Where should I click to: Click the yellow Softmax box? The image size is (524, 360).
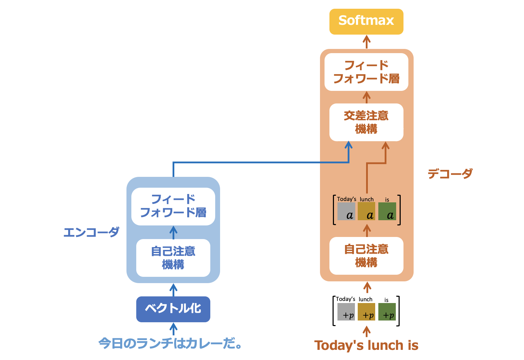(x=366, y=21)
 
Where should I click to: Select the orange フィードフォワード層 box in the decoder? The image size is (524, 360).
(x=366, y=72)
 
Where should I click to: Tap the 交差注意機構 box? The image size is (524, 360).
(x=366, y=122)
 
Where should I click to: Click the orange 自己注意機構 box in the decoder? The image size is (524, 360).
(x=366, y=255)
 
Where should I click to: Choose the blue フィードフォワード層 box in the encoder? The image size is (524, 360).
(x=173, y=206)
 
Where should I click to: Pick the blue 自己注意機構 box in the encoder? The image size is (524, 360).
(x=173, y=258)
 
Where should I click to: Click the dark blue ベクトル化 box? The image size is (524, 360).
(x=173, y=309)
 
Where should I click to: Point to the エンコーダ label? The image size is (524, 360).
(x=92, y=232)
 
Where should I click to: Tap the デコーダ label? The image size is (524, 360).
(x=450, y=173)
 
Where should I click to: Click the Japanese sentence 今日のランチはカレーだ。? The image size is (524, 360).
(x=170, y=343)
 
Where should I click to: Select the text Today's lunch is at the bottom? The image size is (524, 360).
(x=366, y=345)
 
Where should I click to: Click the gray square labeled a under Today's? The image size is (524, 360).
(x=346, y=211)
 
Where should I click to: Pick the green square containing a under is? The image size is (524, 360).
(x=387, y=211)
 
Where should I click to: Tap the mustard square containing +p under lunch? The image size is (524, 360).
(x=366, y=312)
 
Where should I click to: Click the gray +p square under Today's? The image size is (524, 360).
(x=346, y=312)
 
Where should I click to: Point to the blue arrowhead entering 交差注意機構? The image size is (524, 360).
(x=348, y=145)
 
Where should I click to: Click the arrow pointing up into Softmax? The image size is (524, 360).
(x=366, y=42)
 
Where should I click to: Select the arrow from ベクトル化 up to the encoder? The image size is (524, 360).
(x=173, y=290)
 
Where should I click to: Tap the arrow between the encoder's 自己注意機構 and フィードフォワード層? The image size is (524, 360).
(x=173, y=232)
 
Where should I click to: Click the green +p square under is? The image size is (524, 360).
(x=387, y=312)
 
